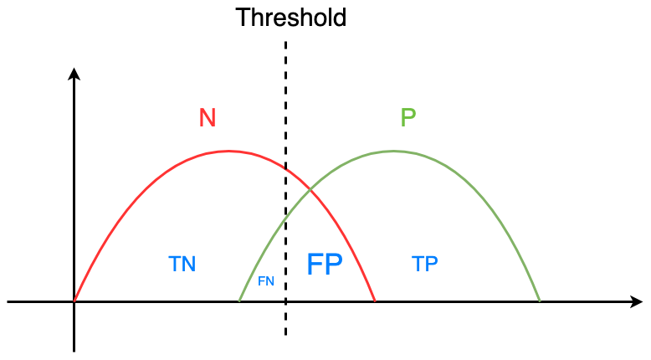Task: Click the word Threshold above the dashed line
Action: coord(290,18)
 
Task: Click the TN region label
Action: coord(182,265)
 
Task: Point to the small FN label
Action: coord(266,281)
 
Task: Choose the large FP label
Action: coord(325,265)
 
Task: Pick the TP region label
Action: coord(425,265)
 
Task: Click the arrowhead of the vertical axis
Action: coord(74,73)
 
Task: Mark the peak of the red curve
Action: coord(229,151)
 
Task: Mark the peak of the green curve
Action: coord(393,151)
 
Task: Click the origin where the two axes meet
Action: coord(74,301)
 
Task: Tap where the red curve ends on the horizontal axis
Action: coord(374,301)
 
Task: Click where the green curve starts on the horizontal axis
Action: coord(240,301)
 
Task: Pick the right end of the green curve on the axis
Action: coord(540,301)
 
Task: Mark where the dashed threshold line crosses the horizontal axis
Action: coord(286,301)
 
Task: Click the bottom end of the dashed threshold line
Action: coord(286,334)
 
